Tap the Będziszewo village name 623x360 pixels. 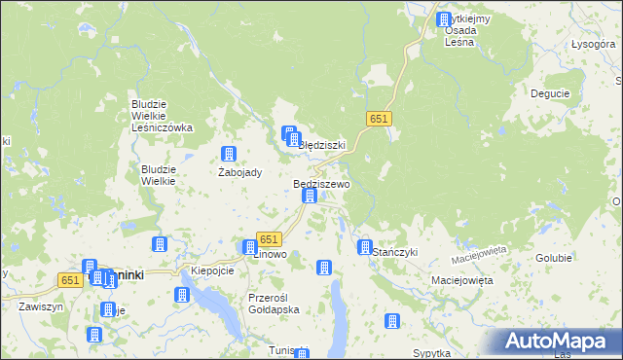(x=321, y=183)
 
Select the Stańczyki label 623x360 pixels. (x=395, y=252)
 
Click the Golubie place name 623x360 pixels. (x=554, y=259)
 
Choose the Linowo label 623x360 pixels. (x=270, y=254)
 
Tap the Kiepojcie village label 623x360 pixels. (x=213, y=270)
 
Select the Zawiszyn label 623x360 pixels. (x=40, y=306)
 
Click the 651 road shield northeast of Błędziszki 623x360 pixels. (x=380, y=118)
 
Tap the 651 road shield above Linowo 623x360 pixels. (x=270, y=239)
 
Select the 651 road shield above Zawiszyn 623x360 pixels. (x=69, y=279)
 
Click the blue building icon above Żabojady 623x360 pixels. (x=229, y=154)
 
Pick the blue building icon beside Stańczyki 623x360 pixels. (x=365, y=247)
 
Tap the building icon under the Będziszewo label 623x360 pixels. (x=310, y=196)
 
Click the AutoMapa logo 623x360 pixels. (x=560, y=342)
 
